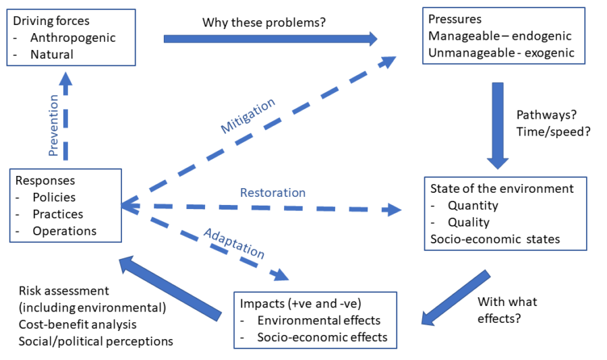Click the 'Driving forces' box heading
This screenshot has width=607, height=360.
(x=50, y=22)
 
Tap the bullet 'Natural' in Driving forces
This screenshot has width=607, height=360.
(x=52, y=54)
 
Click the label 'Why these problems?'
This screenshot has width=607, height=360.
(x=264, y=22)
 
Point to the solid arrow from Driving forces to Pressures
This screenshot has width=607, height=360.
(x=270, y=38)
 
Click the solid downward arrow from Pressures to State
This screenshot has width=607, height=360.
(x=498, y=125)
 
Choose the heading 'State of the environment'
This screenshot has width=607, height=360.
(x=502, y=189)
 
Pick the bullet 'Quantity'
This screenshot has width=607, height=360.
(x=473, y=206)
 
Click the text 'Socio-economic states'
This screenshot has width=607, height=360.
(x=495, y=239)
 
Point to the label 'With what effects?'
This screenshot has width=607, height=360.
(x=502, y=310)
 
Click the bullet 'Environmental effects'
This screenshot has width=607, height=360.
(x=319, y=320)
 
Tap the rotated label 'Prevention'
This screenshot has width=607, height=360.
(x=55, y=125)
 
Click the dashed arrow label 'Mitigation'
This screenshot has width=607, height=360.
(x=248, y=116)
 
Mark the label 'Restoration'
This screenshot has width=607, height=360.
(x=272, y=193)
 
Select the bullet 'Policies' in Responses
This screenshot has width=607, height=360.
(x=54, y=198)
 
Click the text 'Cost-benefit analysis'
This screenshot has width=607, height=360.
(x=78, y=324)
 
